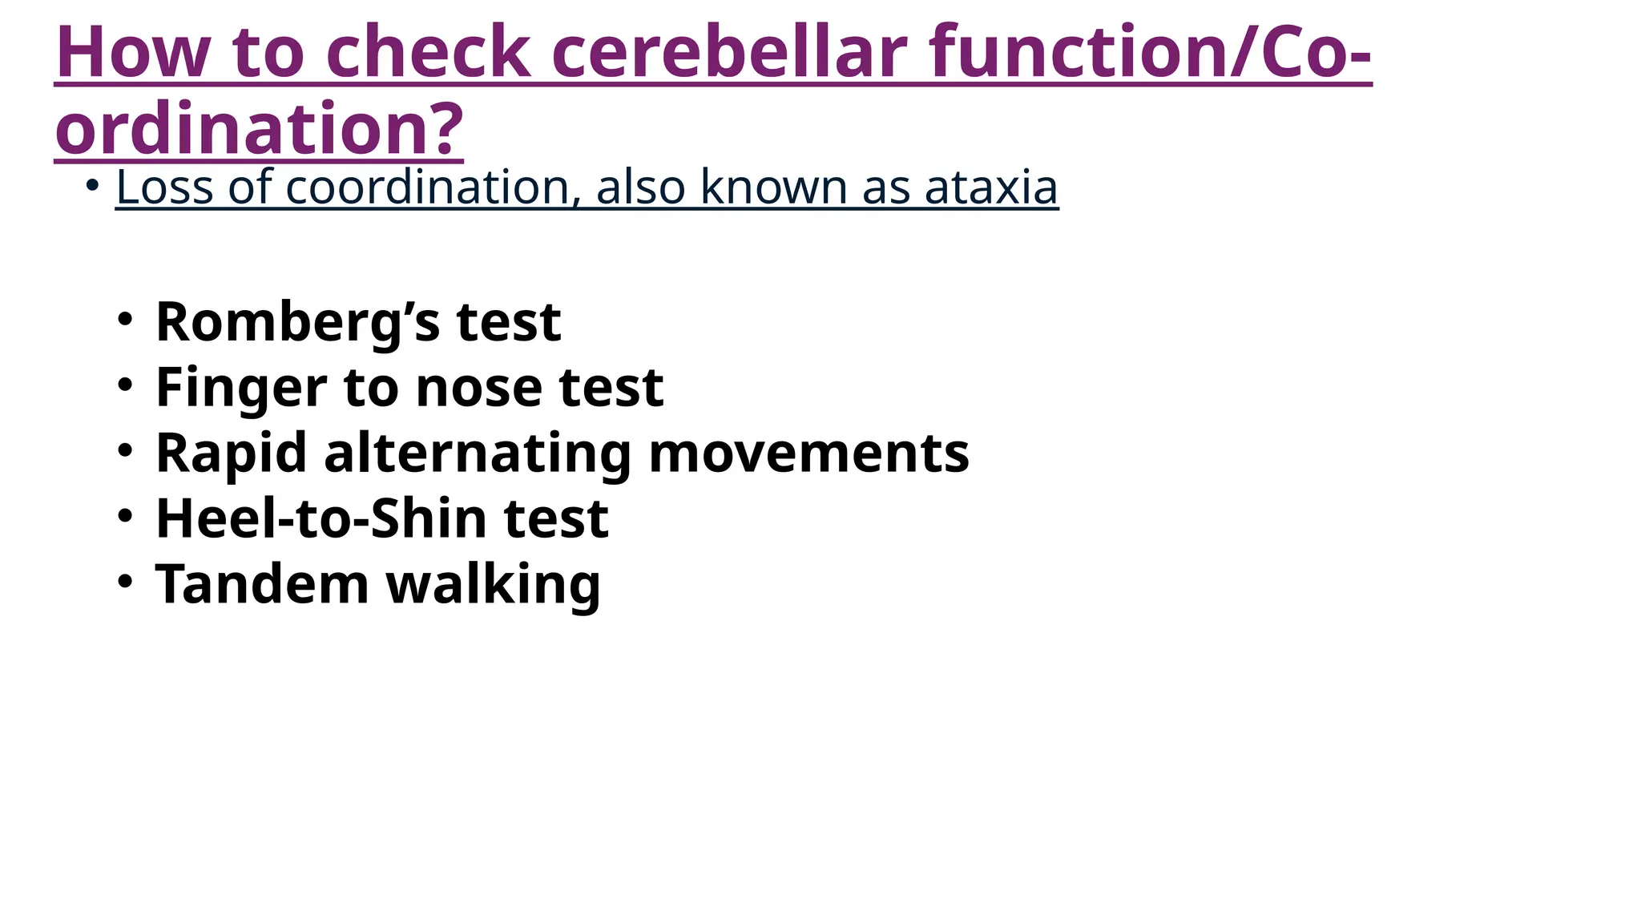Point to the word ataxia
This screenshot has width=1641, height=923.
pos(991,187)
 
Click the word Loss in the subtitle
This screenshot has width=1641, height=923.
pos(164,187)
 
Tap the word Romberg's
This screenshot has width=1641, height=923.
pos(297,323)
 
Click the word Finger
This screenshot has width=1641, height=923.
pos(241,389)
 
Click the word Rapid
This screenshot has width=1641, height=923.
pos(231,453)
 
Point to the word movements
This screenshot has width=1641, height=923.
pos(808,453)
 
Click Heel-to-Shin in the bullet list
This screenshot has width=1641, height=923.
pos(321,519)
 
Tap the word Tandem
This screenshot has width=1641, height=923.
pos(262,584)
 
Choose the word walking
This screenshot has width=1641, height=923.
pos(493,586)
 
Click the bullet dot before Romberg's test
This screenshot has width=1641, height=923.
pos(123,319)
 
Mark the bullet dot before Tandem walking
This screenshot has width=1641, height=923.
pos(123,581)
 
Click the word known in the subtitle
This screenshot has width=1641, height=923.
pos(772,187)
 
